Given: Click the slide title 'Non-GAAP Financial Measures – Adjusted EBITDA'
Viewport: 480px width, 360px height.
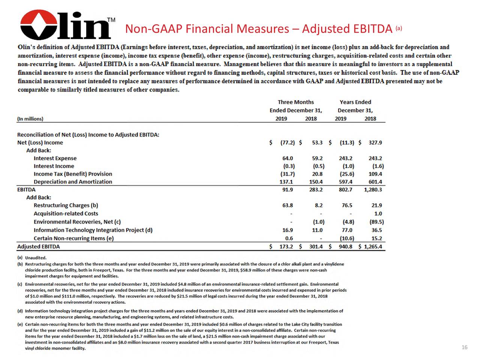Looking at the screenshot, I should pyautogui.click(x=258, y=29).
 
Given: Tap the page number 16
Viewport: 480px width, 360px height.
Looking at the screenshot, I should pyautogui.click(x=464, y=348).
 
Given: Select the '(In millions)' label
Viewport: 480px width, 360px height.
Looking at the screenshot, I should pyautogui.click(x=30, y=119).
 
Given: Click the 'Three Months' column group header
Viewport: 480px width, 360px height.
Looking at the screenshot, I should pyautogui.click(x=295, y=102).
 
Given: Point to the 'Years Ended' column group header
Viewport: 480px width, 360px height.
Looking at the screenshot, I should pyautogui.click(x=355, y=102).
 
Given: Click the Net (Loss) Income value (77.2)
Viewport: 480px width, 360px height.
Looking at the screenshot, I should pyautogui.click(x=287, y=142).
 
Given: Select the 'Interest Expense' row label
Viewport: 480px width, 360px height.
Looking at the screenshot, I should pyautogui.click(x=55, y=158).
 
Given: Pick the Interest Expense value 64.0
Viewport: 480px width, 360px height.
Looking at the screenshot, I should pyautogui.click(x=288, y=158).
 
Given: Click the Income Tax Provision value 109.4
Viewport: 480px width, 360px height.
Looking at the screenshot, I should pyautogui.click(x=375, y=174).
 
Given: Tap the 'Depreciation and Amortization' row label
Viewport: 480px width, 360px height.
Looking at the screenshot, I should pyautogui.click(x=73, y=182).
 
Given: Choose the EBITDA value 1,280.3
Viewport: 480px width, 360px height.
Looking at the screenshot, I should pyautogui.click(x=373, y=190).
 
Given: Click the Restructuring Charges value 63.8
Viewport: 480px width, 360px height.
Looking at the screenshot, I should pyautogui.click(x=288, y=205).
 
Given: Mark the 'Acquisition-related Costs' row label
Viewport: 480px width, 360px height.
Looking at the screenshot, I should pyautogui.click(x=66, y=214).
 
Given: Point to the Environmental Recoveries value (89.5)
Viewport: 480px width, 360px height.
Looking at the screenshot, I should pyautogui.click(x=376, y=222).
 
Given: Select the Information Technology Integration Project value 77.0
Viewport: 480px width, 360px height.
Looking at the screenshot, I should pyautogui.click(x=347, y=230).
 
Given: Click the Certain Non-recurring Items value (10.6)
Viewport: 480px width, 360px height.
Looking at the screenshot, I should pyautogui.click(x=347, y=238).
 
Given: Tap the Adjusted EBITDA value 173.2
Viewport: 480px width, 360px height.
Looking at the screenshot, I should pyautogui.click(x=286, y=247).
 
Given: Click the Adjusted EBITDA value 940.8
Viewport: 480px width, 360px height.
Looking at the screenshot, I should pyautogui.click(x=345, y=247).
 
